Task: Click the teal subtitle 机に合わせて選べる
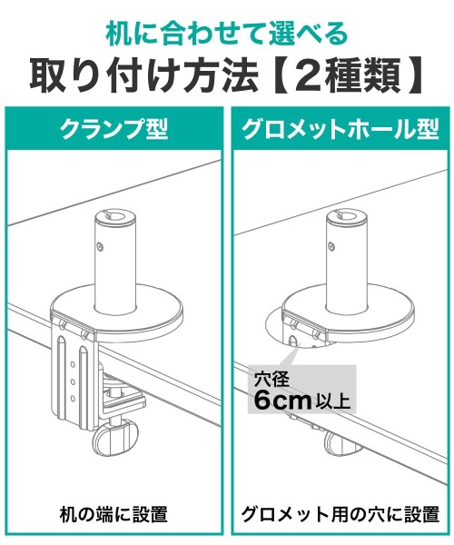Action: (227, 35)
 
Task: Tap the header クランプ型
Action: (113, 129)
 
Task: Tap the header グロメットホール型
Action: (340, 129)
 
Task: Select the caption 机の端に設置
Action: (113, 514)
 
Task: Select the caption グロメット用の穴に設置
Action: (340, 514)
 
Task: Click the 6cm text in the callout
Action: (282, 401)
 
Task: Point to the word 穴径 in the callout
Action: (271, 380)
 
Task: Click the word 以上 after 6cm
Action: (332, 402)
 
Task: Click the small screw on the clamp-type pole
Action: (100, 246)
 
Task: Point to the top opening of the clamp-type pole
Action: (115, 215)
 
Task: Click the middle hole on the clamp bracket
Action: (73, 381)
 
